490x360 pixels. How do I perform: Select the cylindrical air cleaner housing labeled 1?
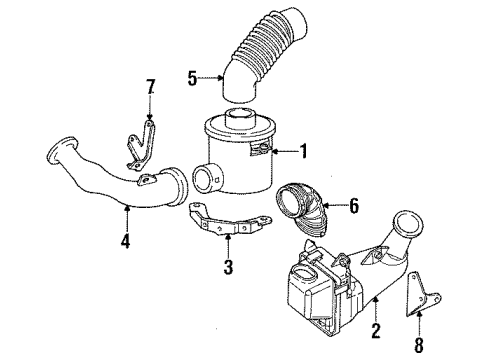point(245,165)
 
